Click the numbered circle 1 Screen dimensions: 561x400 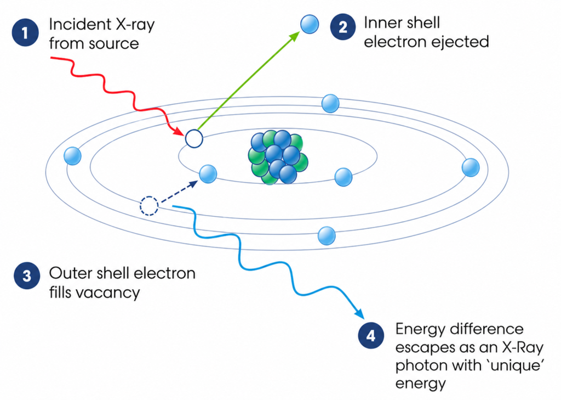pos(25,33)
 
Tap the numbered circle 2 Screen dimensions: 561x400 pos(343,26)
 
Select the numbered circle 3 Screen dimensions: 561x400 pos(27,275)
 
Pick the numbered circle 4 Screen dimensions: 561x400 pos(371,335)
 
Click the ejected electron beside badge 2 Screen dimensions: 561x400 pos(310,24)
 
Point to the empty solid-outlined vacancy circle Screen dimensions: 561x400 pos(194,138)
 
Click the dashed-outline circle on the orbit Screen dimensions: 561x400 pos(149,206)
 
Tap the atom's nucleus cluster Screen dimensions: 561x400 pos(278,157)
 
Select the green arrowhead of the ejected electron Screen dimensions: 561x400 pos(294,36)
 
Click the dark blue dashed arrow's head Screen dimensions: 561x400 pos(193,184)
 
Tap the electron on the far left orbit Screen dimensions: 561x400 pos(73,156)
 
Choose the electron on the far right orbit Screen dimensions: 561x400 pos(471,167)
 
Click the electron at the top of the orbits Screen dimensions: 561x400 pos(330,103)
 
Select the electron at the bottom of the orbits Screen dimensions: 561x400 pos(327,235)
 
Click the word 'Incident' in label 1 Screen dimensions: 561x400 pos(75,24)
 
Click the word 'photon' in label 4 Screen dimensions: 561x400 pos(419,365)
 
